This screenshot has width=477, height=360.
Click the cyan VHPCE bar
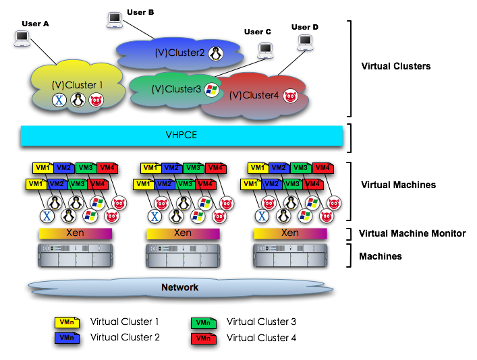click(x=181, y=136)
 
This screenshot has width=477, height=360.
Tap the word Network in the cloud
click(x=179, y=288)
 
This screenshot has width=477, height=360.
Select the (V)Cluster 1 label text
click(x=78, y=85)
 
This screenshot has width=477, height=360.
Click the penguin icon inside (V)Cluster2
click(x=216, y=53)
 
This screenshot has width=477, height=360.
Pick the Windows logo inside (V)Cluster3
click(x=212, y=90)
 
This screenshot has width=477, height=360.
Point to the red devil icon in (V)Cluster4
click(x=290, y=96)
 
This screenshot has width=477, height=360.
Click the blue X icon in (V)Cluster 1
click(x=59, y=100)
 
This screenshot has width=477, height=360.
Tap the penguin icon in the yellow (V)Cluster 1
click(x=78, y=100)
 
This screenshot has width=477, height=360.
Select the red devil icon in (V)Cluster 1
click(x=96, y=100)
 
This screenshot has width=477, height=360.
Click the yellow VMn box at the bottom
click(x=67, y=323)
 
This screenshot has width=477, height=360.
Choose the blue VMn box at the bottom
click(x=67, y=338)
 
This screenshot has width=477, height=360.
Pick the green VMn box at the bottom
click(x=203, y=324)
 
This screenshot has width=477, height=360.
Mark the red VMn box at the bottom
click(x=203, y=338)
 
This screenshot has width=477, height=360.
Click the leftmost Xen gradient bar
click(x=76, y=233)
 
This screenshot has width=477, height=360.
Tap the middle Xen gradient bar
click(x=183, y=233)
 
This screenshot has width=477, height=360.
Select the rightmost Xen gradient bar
click(x=290, y=233)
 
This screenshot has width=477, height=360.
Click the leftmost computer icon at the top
click(x=22, y=38)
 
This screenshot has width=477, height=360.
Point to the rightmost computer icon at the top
click(x=306, y=43)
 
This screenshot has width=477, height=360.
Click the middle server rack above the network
click(x=183, y=256)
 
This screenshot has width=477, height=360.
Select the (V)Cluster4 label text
click(x=254, y=96)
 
